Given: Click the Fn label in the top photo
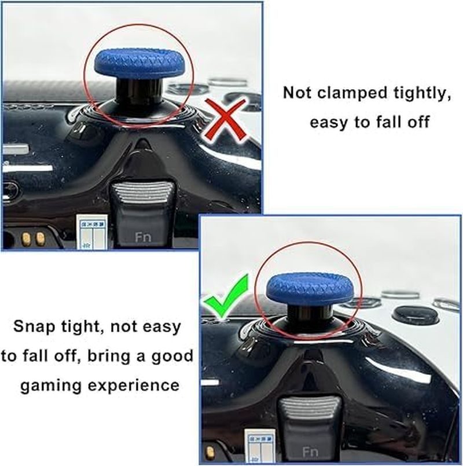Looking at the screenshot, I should click(x=141, y=237).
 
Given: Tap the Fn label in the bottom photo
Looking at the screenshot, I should click(x=310, y=451).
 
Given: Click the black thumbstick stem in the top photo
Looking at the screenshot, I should click(x=132, y=93).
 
